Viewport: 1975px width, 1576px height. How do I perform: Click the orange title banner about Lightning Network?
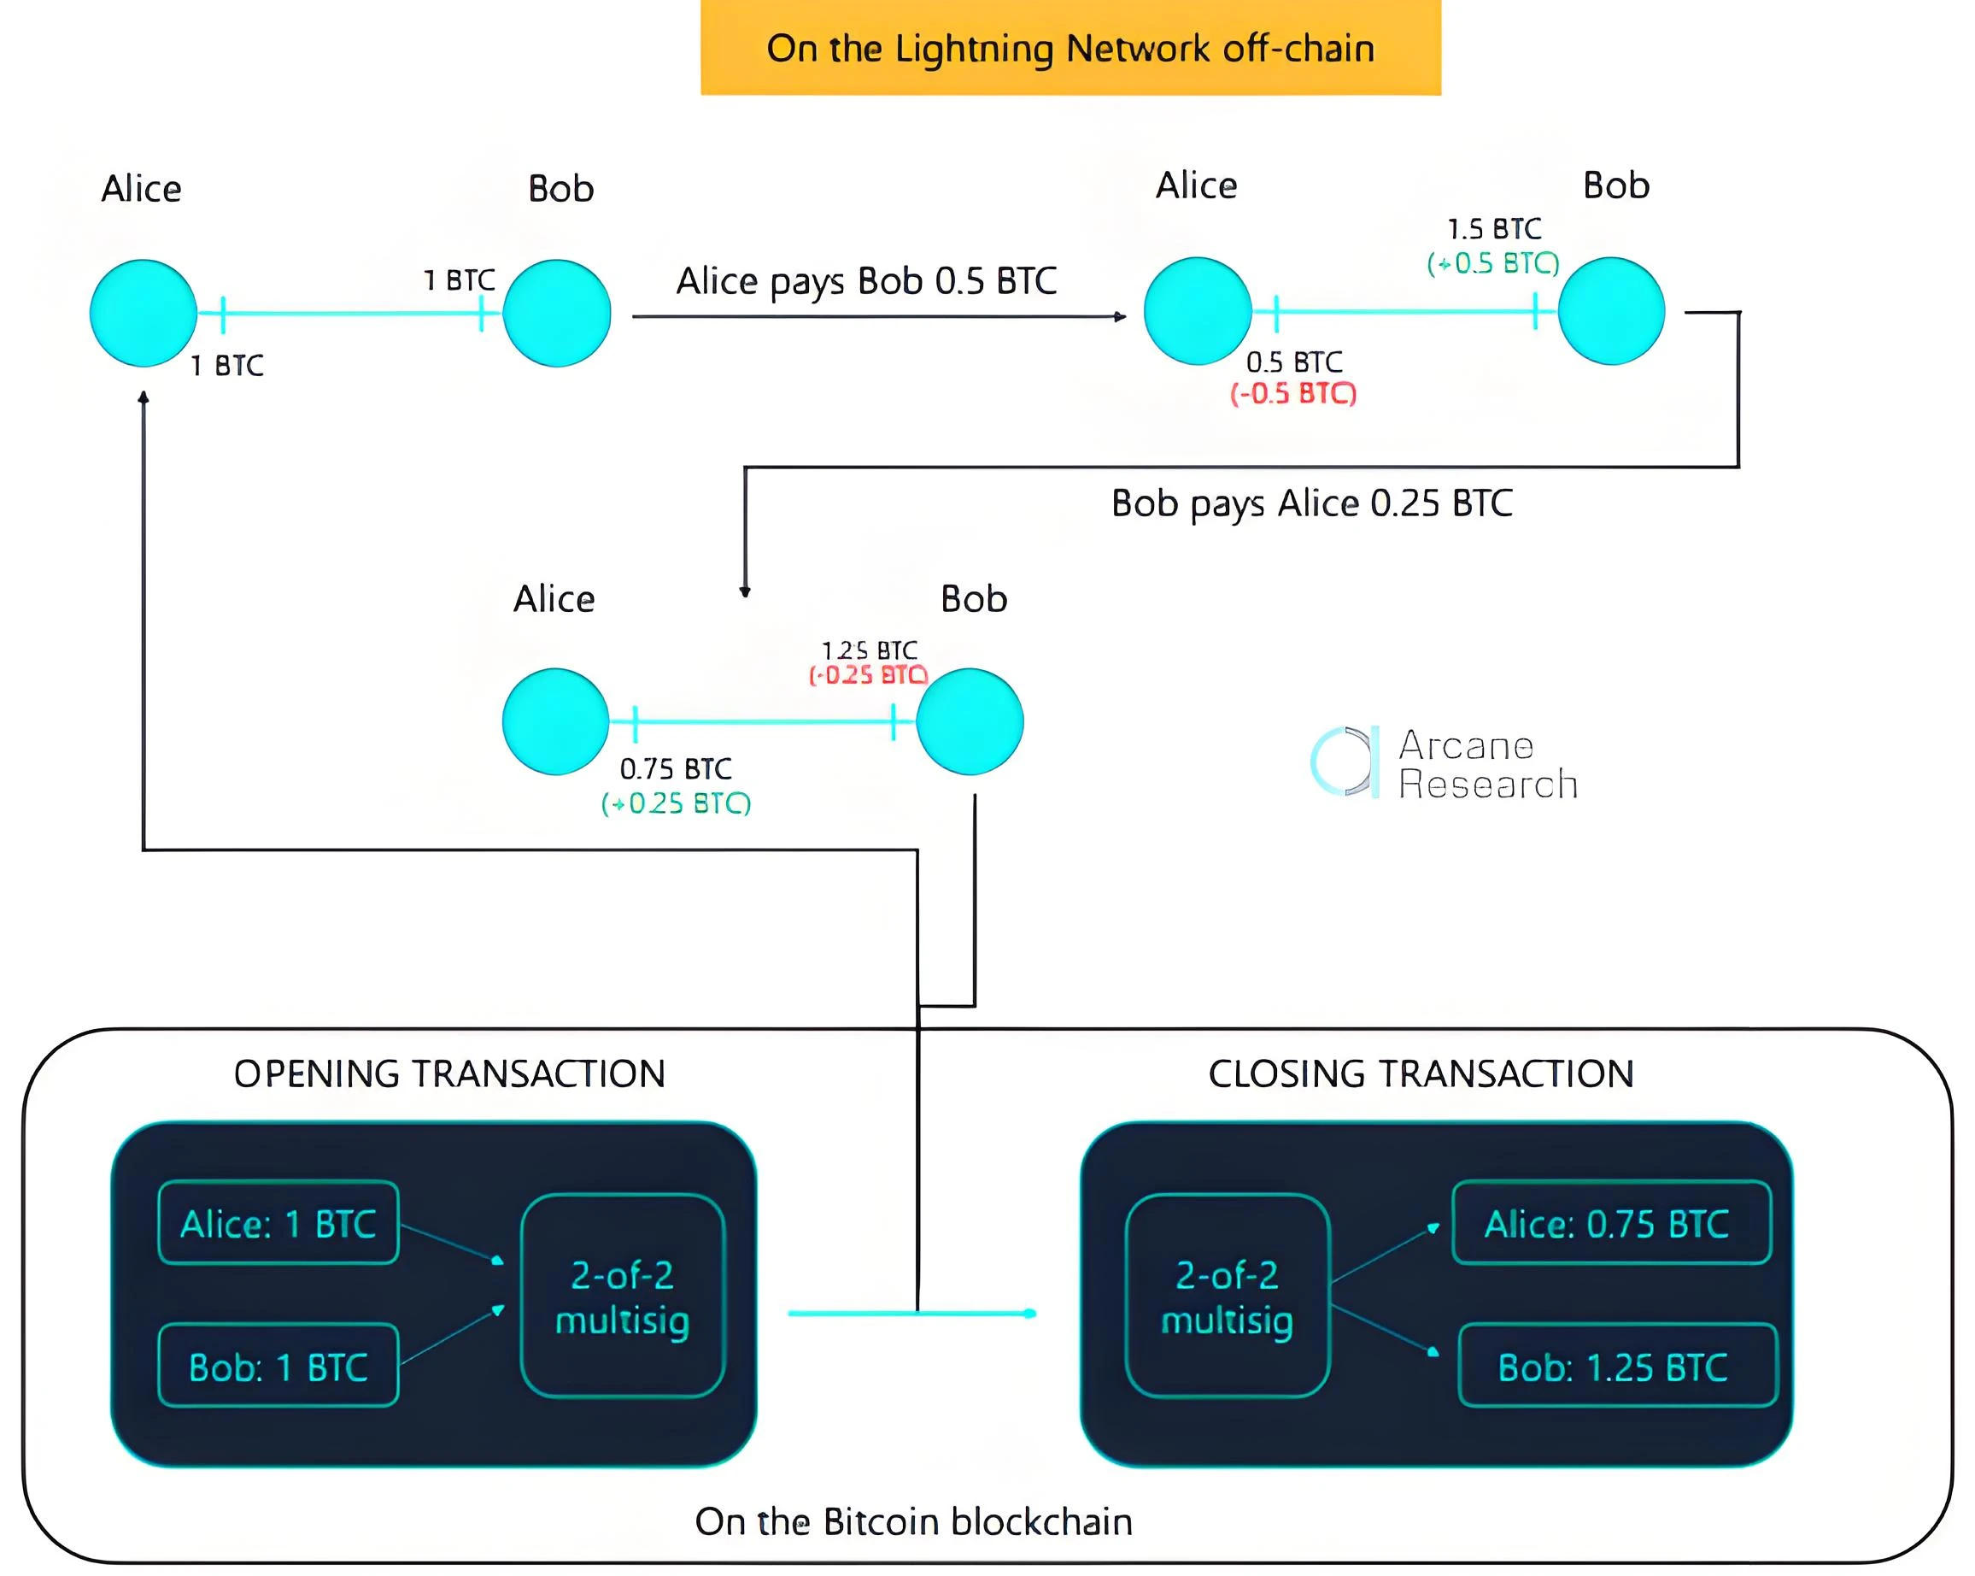1070,48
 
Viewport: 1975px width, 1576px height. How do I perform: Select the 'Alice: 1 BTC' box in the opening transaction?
278,1223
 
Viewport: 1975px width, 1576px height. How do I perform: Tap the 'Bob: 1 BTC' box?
278,1366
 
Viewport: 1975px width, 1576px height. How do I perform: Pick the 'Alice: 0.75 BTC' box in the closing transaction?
1611,1223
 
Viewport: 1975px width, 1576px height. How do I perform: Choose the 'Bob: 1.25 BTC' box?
1617,1366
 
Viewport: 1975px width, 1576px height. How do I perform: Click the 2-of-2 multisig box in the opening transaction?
623,1297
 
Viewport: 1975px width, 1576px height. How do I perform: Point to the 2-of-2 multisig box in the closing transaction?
1228,1297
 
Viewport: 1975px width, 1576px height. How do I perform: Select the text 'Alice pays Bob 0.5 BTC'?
866,281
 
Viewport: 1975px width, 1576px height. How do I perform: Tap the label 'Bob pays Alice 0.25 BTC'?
1312,504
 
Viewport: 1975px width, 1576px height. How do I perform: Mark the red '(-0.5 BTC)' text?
1292,394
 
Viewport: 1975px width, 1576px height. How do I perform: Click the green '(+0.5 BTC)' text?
1493,264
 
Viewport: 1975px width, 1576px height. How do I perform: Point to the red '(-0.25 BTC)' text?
869,676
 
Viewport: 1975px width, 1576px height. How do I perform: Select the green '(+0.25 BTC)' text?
676,803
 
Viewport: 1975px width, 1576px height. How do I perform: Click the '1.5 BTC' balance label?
1494,229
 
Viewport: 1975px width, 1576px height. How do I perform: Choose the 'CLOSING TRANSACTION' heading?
1421,1073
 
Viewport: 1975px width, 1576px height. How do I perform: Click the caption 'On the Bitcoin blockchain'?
913,1522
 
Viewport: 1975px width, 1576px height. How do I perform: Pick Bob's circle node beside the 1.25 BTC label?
970,722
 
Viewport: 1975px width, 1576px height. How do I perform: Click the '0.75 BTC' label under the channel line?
676,768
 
